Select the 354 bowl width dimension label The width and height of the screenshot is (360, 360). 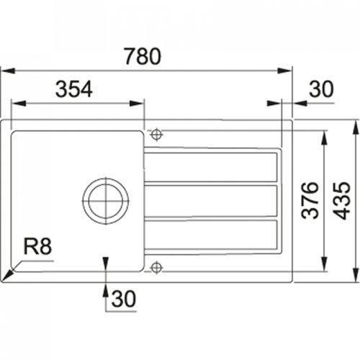click(73, 89)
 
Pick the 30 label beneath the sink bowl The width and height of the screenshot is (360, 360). click(125, 297)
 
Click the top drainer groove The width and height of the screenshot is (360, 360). click(210, 167)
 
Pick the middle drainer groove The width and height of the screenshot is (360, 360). click(210, 201)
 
